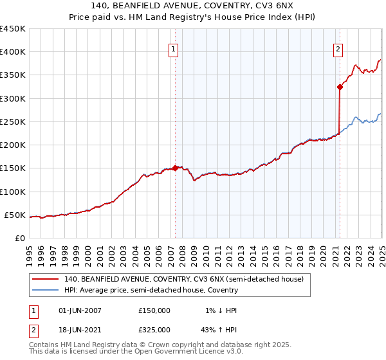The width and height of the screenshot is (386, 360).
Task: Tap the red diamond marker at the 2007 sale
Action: [176, 168]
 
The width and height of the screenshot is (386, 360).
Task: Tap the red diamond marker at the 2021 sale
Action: [340, 87]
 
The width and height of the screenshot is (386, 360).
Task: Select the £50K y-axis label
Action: [15, 215]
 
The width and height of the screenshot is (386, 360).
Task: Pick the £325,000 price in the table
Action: [154, 329]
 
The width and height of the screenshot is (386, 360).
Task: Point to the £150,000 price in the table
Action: [154, 310]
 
